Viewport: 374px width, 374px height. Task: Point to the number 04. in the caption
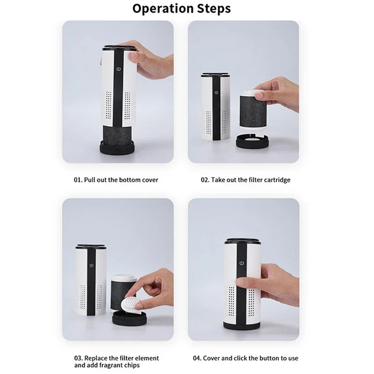[x=198, y=358]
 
